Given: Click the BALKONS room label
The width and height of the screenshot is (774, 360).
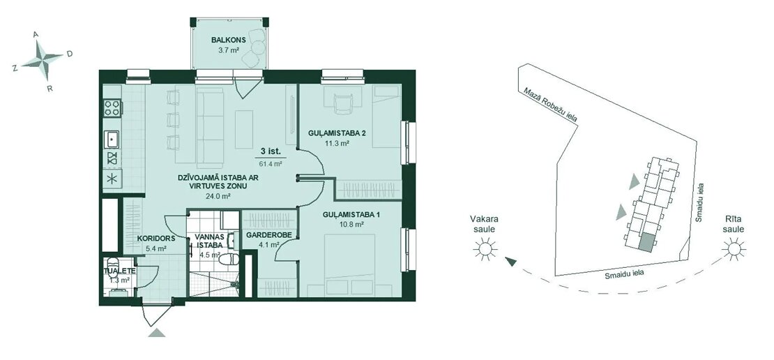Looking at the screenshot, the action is pos(226,40).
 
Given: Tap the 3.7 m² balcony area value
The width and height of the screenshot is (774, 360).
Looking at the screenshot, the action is pos(229,50).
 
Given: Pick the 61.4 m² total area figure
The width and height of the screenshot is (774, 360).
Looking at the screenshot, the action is pos(271,164).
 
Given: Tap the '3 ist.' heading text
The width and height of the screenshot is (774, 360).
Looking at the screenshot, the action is pos(271,153).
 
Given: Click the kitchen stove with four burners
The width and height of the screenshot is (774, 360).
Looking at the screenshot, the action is pos(112,107).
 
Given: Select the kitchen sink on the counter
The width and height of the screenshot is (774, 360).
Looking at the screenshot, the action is pos(112,140).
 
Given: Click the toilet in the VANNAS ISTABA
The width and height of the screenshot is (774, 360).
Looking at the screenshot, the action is pos(228,260).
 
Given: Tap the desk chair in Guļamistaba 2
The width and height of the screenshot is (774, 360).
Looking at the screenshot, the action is pos(342,104).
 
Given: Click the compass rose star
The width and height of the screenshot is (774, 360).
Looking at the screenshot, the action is pos(44,59).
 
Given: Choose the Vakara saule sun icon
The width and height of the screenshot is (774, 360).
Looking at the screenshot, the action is pos(484,248).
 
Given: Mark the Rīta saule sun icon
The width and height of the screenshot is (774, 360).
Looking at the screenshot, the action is pos(734,248).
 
